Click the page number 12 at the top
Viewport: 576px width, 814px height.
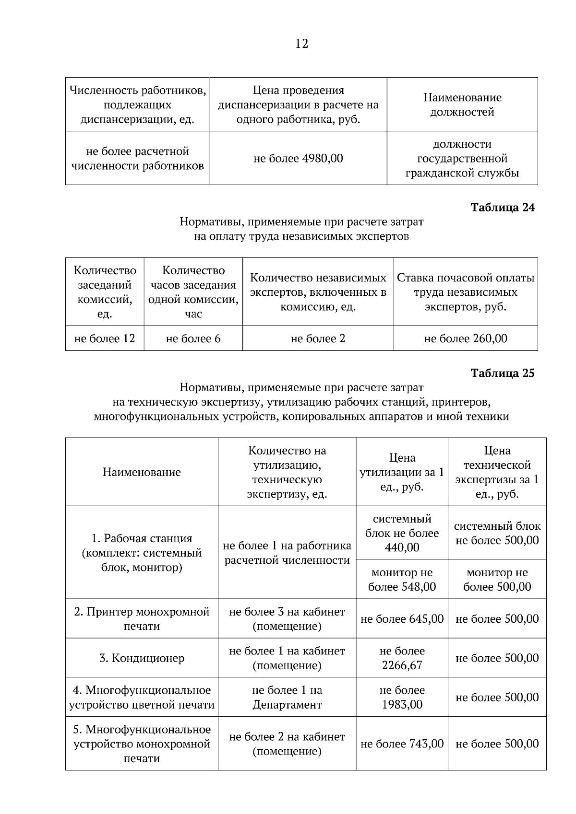pos(301,44)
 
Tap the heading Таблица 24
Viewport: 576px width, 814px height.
pos(502,208)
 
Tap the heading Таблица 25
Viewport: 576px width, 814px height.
pos(502,373)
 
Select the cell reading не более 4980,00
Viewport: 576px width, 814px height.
pos(298,158)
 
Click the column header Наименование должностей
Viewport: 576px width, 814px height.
pos(462,105)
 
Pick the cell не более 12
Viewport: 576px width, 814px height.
pos(105,338)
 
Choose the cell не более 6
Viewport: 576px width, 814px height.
pos(193,338)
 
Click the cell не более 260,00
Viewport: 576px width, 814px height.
pos(465,338)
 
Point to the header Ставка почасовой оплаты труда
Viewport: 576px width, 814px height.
pos(465,292)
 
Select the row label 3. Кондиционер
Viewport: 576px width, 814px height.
pos(142,658)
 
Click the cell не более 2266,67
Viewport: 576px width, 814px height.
pos(402,658)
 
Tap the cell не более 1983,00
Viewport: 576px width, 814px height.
pos(402,697)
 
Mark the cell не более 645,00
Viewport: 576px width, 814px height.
pos(402,618)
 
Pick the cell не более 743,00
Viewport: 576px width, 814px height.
pos(402,744)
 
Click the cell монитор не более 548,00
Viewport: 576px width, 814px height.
pos(402,579)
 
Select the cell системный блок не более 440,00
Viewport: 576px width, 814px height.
pos(402,533)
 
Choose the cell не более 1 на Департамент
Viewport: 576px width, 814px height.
pos(287,697)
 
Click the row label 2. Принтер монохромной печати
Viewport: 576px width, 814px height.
pos(142,618)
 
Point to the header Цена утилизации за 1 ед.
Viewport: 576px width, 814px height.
pos(402,472)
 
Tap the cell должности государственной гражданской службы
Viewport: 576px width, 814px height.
pos(462,158)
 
